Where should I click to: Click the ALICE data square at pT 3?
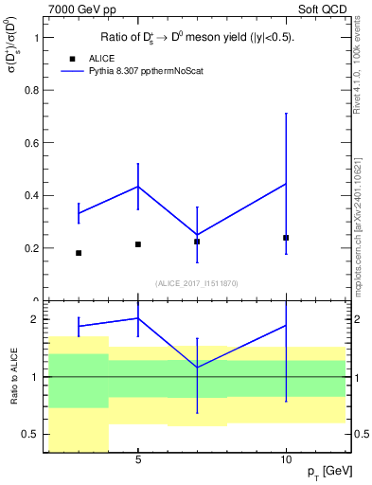79,253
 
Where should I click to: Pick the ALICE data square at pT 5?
138,244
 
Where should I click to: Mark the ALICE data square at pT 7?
197,242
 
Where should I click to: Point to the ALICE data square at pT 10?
286,238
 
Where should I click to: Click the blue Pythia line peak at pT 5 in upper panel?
138,186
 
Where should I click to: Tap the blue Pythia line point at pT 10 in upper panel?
286,184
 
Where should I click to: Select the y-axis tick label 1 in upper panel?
35,38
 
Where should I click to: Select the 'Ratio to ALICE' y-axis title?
11,377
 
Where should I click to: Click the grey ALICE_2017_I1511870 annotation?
197,283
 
